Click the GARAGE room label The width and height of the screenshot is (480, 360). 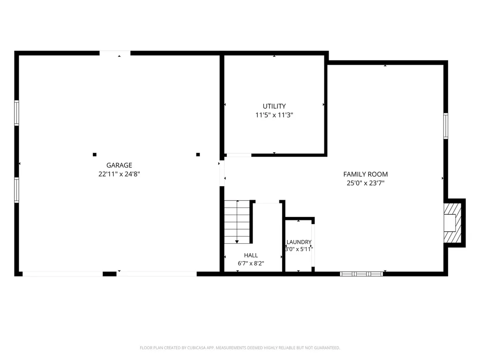[119, 165]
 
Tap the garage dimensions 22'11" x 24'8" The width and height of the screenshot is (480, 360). [119, 174]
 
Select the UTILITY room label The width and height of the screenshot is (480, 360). [274, 106]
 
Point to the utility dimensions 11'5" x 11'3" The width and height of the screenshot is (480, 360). [274, 115]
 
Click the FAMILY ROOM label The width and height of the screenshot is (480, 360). [366, 174]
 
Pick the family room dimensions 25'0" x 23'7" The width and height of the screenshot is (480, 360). [366, 183]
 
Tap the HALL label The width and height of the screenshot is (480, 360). [251, 255]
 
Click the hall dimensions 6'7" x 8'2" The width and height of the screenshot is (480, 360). [251, 263]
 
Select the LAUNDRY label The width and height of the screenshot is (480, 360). [299, 242]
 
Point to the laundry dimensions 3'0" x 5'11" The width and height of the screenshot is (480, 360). [299, 249]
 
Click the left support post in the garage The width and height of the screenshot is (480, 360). [95, 155]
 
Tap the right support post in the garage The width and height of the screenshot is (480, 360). [198, 155]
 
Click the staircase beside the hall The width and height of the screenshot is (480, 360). [237, 222]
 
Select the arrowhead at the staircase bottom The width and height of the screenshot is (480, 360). [237, 242]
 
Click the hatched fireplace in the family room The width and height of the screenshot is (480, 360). [453, 223]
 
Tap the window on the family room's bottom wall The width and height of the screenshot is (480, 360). [361, 274]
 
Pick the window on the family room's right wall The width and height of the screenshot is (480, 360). [446, 126]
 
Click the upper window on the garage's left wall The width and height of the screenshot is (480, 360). [16, 113]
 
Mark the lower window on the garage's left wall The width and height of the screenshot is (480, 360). [16, 190]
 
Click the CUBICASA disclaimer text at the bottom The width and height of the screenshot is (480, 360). [240, 348]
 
